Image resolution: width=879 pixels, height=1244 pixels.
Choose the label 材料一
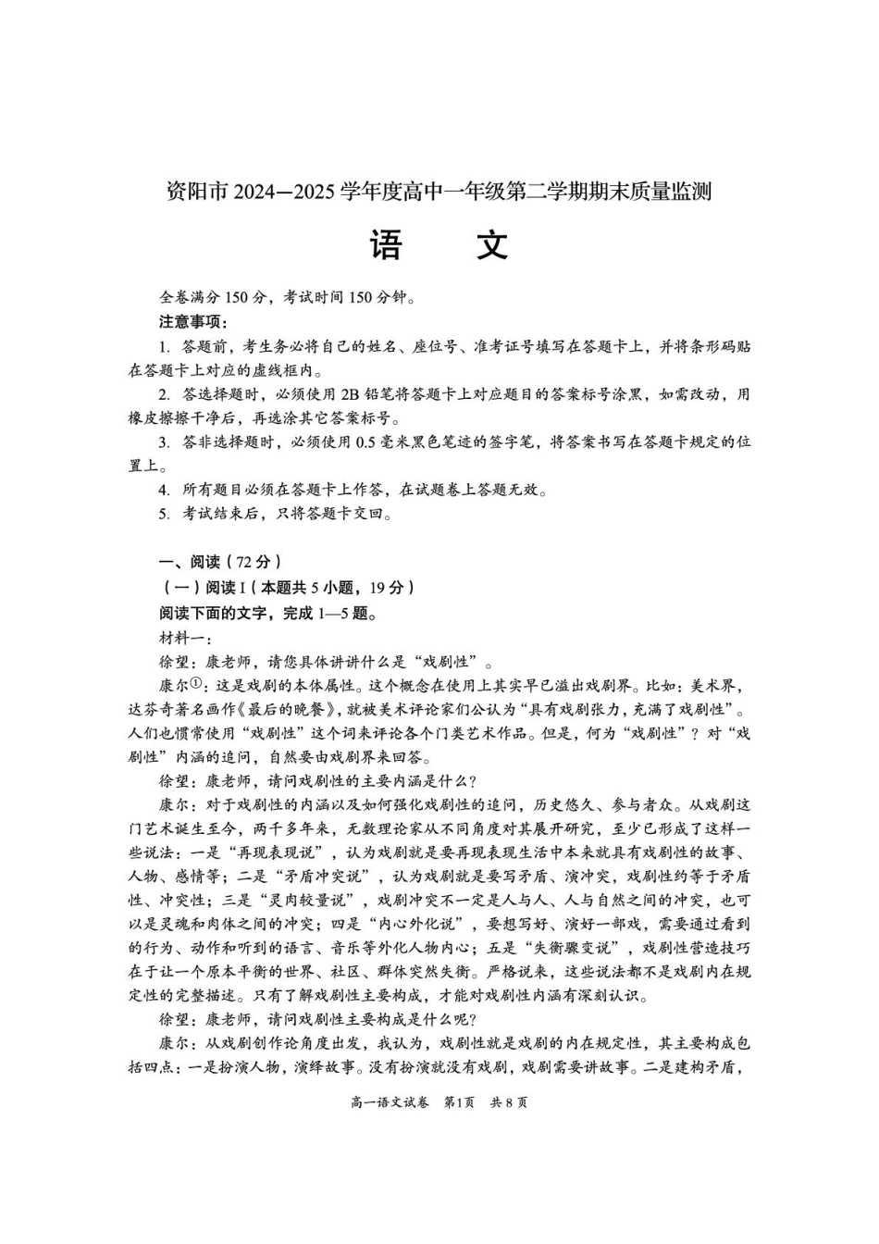(184, 637)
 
